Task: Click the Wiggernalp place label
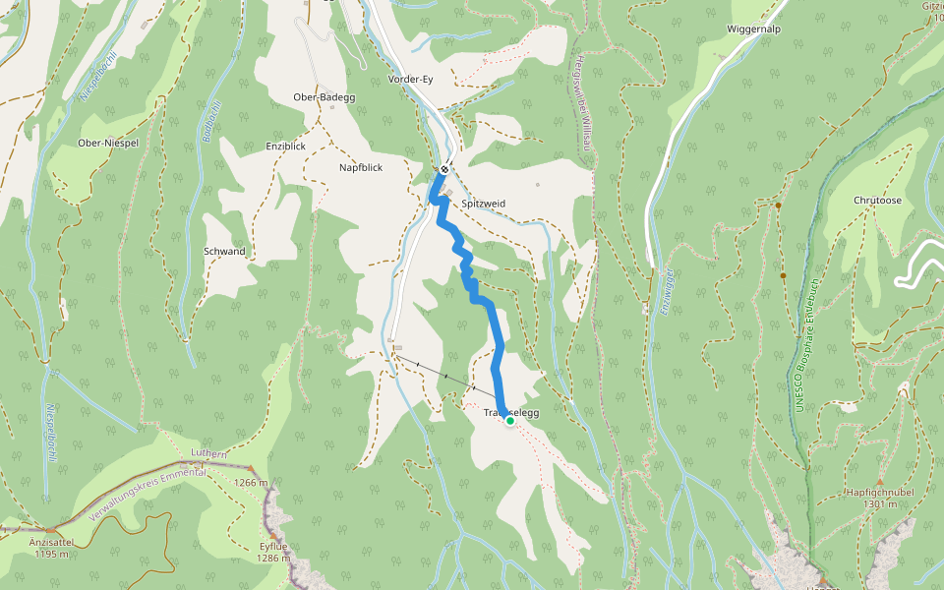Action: coord(753,29)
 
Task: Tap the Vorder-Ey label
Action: coord(411,79)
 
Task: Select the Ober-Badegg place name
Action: coord(324,97)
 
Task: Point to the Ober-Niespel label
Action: coord(107,143)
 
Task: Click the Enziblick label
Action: coord(286,146)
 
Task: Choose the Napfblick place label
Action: coord(361,168)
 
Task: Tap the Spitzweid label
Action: coord(483,203)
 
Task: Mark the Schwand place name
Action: coord(224,252)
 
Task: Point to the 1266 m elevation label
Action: coord(252,483)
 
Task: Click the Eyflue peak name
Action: coord(272,546)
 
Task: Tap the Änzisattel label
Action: coord(50,541)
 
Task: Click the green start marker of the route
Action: coord(509,421)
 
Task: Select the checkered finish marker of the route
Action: coord(444,169)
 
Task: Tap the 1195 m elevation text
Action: coord(50,554)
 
